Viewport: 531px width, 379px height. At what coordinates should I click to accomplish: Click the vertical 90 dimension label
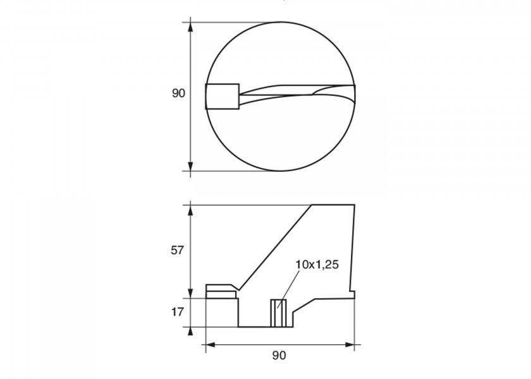tap(178, 93)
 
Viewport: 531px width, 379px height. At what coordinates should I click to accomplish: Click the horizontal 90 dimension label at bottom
tap(279, 355)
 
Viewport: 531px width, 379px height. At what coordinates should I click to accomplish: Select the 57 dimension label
tap(177, 250)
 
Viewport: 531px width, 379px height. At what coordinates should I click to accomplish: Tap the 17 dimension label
tap(177, 312)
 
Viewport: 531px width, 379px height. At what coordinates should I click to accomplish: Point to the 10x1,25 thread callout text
tap(317, 265)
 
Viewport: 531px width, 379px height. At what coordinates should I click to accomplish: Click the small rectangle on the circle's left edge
tap(223, 97)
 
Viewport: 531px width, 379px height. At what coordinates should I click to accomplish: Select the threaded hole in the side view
tap(278, 313)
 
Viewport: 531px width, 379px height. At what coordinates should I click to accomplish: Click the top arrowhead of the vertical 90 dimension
tap(190, 28)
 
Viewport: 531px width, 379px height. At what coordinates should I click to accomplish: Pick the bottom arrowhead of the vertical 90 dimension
tap(190, 166)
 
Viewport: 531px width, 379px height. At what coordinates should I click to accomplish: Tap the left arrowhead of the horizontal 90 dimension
tap(211, 345)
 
